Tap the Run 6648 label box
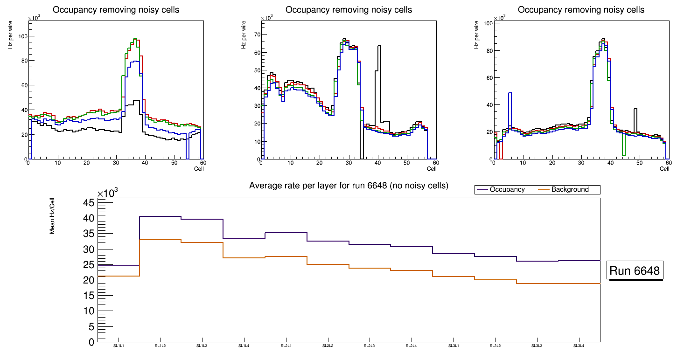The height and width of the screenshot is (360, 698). coord(635,271)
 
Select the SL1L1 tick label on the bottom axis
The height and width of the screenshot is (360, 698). coord(119,346)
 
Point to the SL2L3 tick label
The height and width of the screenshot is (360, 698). coord(370,346)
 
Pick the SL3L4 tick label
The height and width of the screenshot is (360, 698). coord(579,346)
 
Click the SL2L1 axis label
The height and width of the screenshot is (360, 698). coord(286,346)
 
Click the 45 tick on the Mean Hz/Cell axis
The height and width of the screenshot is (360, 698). coord(89,202)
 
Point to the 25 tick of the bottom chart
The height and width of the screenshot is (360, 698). coord(89,264)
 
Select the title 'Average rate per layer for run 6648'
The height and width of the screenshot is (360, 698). coord(349,186)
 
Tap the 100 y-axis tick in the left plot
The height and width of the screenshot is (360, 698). coord(21,36)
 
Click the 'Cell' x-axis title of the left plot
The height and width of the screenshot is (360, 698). coord(199,168)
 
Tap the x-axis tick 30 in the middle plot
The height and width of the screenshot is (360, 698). coord(348,163)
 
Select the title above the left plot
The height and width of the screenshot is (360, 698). coord(116,10)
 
